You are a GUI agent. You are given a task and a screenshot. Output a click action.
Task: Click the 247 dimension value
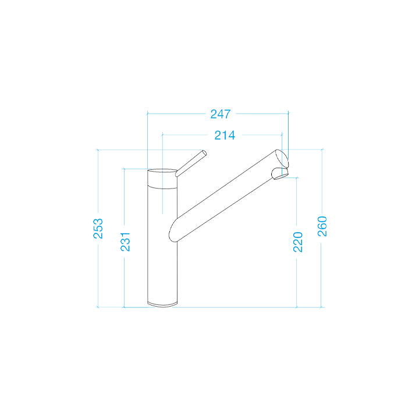click(221, 113)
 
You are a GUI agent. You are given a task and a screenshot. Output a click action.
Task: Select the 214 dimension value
click(225, 135)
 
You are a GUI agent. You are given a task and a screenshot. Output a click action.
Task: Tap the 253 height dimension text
click(98, 228)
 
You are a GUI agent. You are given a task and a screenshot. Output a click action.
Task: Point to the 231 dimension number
click(125, 242)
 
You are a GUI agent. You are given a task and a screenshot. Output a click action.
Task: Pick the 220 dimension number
click(297, 242)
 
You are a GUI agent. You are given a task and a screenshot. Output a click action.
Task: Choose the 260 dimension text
click(322, 226)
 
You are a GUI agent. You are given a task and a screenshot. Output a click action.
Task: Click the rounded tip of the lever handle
click(204, 152)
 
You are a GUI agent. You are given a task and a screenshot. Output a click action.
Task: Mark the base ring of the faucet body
click(162, 304)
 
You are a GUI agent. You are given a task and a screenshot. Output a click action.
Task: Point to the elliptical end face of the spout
click(280, 158)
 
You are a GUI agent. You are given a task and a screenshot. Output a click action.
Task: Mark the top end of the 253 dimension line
click(98, 150)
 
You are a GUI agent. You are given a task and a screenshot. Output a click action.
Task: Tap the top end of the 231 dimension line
click(125, 168)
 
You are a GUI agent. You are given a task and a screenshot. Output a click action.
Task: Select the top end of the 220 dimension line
click(297, 177)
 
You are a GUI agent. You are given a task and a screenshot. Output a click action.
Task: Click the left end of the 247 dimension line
click(148, 113)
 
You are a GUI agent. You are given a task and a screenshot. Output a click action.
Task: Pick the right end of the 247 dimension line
click(289, 113)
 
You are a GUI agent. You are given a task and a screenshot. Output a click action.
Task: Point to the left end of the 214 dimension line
click(162, 135)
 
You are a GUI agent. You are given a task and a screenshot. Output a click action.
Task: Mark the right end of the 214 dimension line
click(282, 135)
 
